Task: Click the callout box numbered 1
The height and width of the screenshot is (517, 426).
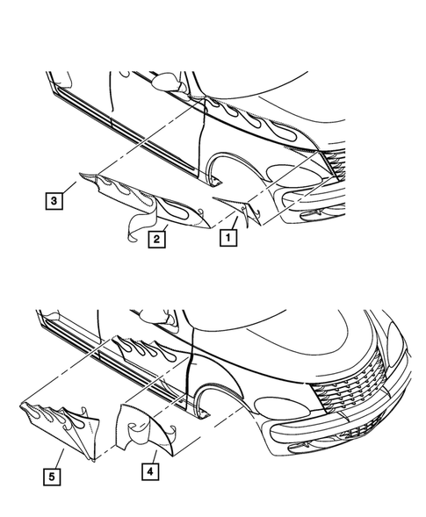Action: click(228, 237)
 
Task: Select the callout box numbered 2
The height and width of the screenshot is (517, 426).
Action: click(156, 239)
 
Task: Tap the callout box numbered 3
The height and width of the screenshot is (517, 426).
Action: click(54, 200)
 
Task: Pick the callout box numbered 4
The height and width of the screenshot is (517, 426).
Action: click(150, 471)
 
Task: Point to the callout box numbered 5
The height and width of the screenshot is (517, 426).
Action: click(52, 477)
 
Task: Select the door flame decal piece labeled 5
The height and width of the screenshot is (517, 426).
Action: click(62, 427)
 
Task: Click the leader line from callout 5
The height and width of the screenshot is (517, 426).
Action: click(60, 458)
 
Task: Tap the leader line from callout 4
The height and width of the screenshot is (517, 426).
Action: click(155, 457)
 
